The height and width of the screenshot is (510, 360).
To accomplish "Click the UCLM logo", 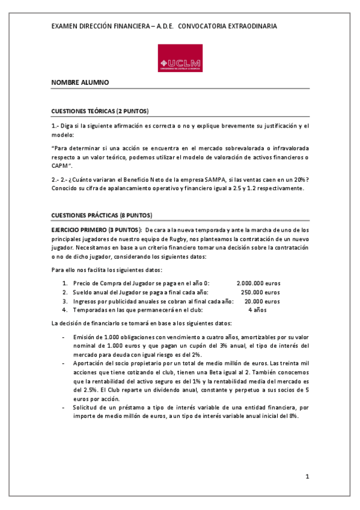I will pyautogui.click(x=180, y=59).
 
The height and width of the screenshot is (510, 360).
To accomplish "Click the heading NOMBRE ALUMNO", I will pyautogui.click(x=80, y=82).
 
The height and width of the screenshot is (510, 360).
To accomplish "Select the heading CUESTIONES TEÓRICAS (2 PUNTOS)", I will pyautogui.click(x=100, y=111).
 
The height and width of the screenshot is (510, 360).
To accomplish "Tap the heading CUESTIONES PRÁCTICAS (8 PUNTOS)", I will pyautogui.click(x=102, y=215).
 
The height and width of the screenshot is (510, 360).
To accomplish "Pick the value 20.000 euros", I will pyautogui.click(x=262, y=301).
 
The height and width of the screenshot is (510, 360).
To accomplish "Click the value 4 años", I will pyautogui.click(x=257, y=310).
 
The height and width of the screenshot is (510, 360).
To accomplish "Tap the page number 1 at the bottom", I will pyautogui.click(x=307, y=477).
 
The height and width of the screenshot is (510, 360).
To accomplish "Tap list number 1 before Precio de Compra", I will pyautogui.click(x=65, y=283).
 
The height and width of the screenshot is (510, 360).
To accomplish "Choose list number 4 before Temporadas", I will pyautogui.click(x=65, y=310).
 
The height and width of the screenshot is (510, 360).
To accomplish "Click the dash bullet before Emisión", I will pyautogui.click(x=63, y=337).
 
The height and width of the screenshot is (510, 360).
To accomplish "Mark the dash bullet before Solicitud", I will pyautogui.click(x=63, y=407).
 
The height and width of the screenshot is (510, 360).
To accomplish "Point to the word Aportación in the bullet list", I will pyautogui.click(x=90, y=363).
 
